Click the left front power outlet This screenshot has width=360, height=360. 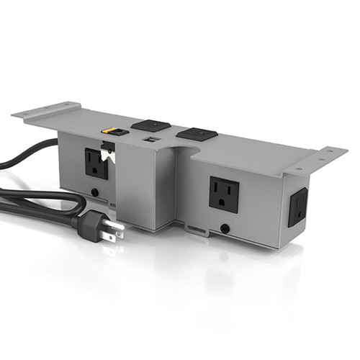click(x=96, y=163)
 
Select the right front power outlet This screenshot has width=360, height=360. click(x=223, y=194)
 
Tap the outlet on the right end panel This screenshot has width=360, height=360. click(x=297, y=207)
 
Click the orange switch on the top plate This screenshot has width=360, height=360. click(x=112, y=132)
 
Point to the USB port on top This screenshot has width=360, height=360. click(x=152, y=138)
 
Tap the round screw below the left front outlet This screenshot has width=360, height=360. click(x=96, y=193)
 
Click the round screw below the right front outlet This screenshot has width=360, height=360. click(x=225, y=228)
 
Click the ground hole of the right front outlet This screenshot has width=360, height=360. click(x=223, y=203)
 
